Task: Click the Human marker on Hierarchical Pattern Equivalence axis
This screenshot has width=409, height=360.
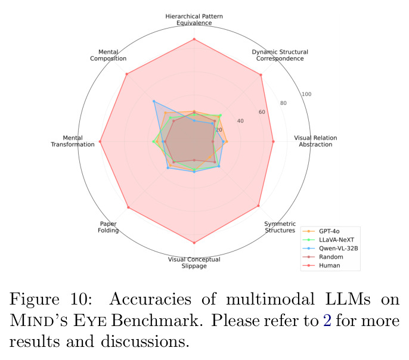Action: (x=194, y=39)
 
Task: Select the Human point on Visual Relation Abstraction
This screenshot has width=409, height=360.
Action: (x=273, y=141)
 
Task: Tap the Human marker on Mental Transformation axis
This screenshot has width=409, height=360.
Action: (x=100, y=141)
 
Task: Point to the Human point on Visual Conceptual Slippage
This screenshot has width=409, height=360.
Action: (x=194, y=243)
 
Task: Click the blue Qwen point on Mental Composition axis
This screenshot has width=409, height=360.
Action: (x=154, y=101)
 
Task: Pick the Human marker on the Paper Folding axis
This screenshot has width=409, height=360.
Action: (x=128, y=207)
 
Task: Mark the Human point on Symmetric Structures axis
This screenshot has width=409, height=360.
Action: (x=259, y=206)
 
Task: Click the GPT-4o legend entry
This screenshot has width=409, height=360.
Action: (x=321, y=231)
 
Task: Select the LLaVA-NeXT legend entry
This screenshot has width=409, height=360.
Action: (x=329, y=240)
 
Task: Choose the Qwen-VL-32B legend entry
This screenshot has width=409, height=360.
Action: (x=330, y=249)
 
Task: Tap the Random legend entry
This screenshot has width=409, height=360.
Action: (x=323, y=257)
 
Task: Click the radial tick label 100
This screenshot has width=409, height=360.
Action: (x=306, y=94)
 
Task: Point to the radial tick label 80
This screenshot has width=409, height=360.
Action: (x=284, y=103)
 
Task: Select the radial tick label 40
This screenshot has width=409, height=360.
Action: (x=240, y=120)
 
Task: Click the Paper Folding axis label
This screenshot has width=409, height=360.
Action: (x=109, y=227)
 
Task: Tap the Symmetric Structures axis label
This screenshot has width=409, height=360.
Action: (x=280, y=227)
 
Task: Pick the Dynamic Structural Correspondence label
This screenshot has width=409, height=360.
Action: (x=280, y=55)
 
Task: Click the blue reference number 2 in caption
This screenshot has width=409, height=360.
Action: (x=327, y=321)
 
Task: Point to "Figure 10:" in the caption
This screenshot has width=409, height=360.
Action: (x=51, y=299)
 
